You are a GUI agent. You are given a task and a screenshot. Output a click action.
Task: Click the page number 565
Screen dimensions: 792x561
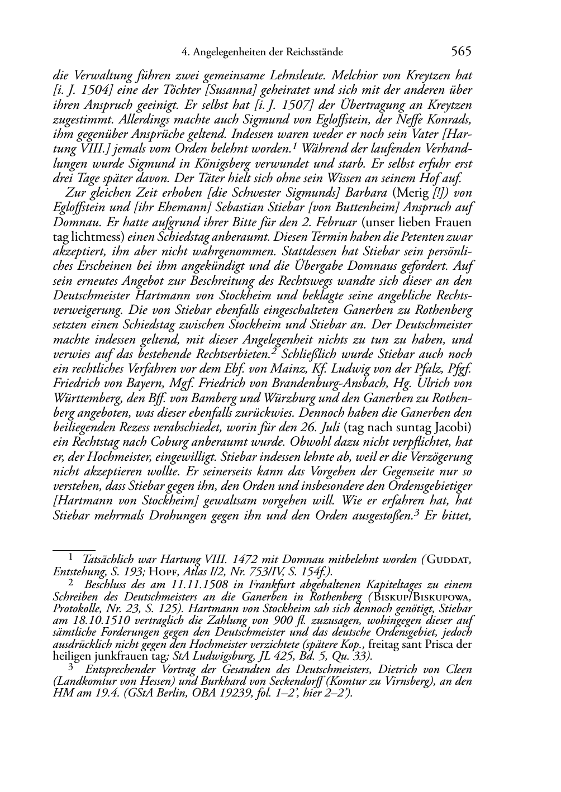click(461, 52)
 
